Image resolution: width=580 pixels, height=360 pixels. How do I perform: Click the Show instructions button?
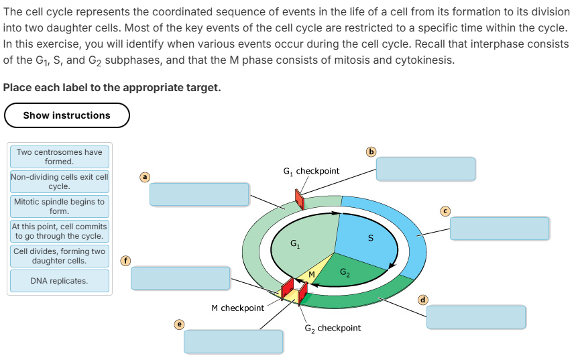pyautogui.click(x=66, y=115)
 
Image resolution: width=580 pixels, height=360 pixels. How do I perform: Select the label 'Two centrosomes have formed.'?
pyautogui.click(x=60, y=157)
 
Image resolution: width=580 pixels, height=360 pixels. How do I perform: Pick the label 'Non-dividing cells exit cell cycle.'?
pyautogui.click(x=60, y=182)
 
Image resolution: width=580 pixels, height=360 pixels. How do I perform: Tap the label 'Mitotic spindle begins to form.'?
pyautogui.click(x=60, y=206)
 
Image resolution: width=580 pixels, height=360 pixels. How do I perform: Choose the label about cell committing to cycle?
pyautogui.click(x=60, y=231)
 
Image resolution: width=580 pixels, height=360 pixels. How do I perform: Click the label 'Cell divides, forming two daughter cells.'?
pyautogui.click(x=60, y=255)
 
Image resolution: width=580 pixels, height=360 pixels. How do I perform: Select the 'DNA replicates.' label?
pyautogui.click(x=60, y=281)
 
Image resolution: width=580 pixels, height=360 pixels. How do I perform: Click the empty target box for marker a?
pyautogui.click(x=199, y=194)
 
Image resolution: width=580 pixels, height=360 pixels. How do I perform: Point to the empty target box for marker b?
pyautogui.click(x=426, y=169)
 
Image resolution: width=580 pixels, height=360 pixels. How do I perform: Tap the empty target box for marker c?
pyautogui.click(x=500, y=228)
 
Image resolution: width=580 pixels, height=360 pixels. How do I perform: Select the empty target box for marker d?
pyautogui.click(x=476, y=316)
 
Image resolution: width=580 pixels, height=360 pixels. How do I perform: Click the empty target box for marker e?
pyautogui.click(x=233, y=341)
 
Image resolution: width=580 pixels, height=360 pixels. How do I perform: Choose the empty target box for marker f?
pyautogui.click(x=180, y=278)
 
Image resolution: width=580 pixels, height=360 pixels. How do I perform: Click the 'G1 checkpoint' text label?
pyautogui.click(x=312, y=172)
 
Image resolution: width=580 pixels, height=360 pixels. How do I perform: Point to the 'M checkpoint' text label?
pyautogui.click(x=237, y=308)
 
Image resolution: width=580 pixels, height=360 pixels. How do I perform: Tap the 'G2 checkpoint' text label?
pyautogui.click(x=333, y=328)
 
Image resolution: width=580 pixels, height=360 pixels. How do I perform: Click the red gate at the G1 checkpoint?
pyautogui.click(x=300, y=199)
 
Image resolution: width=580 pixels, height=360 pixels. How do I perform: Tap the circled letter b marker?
pyautogui.click(x=371, y=151)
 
